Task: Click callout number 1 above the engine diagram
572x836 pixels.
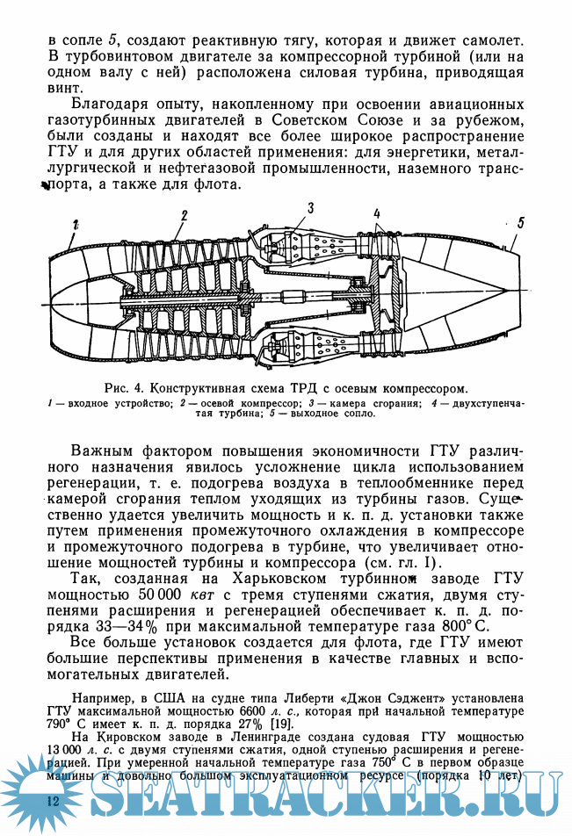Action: point(76,224)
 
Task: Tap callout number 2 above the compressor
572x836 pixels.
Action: point(185,215)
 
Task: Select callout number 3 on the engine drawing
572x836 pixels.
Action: point(309,207)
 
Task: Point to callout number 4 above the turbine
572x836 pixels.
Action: point(376,213)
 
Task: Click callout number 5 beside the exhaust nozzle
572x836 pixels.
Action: point(520,223)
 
